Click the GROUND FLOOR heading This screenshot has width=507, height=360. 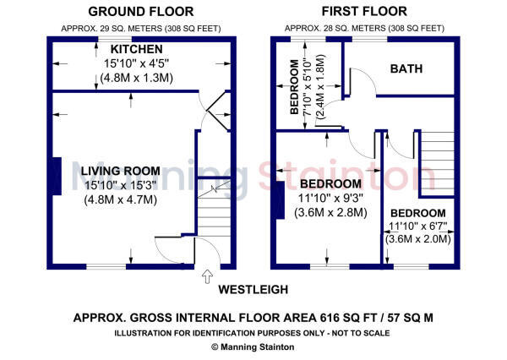point(140,12)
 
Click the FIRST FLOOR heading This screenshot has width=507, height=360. point(363,12)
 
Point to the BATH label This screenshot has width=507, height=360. point(406,68)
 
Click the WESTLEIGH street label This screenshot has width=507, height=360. point(253,290)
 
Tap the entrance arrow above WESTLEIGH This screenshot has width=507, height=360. point(208,275)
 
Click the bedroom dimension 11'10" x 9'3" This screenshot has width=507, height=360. point(330,198)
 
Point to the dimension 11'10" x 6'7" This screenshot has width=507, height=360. point(417,226)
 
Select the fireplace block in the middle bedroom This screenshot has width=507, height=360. point(279,201)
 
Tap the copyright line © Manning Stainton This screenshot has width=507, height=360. point(254,346)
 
